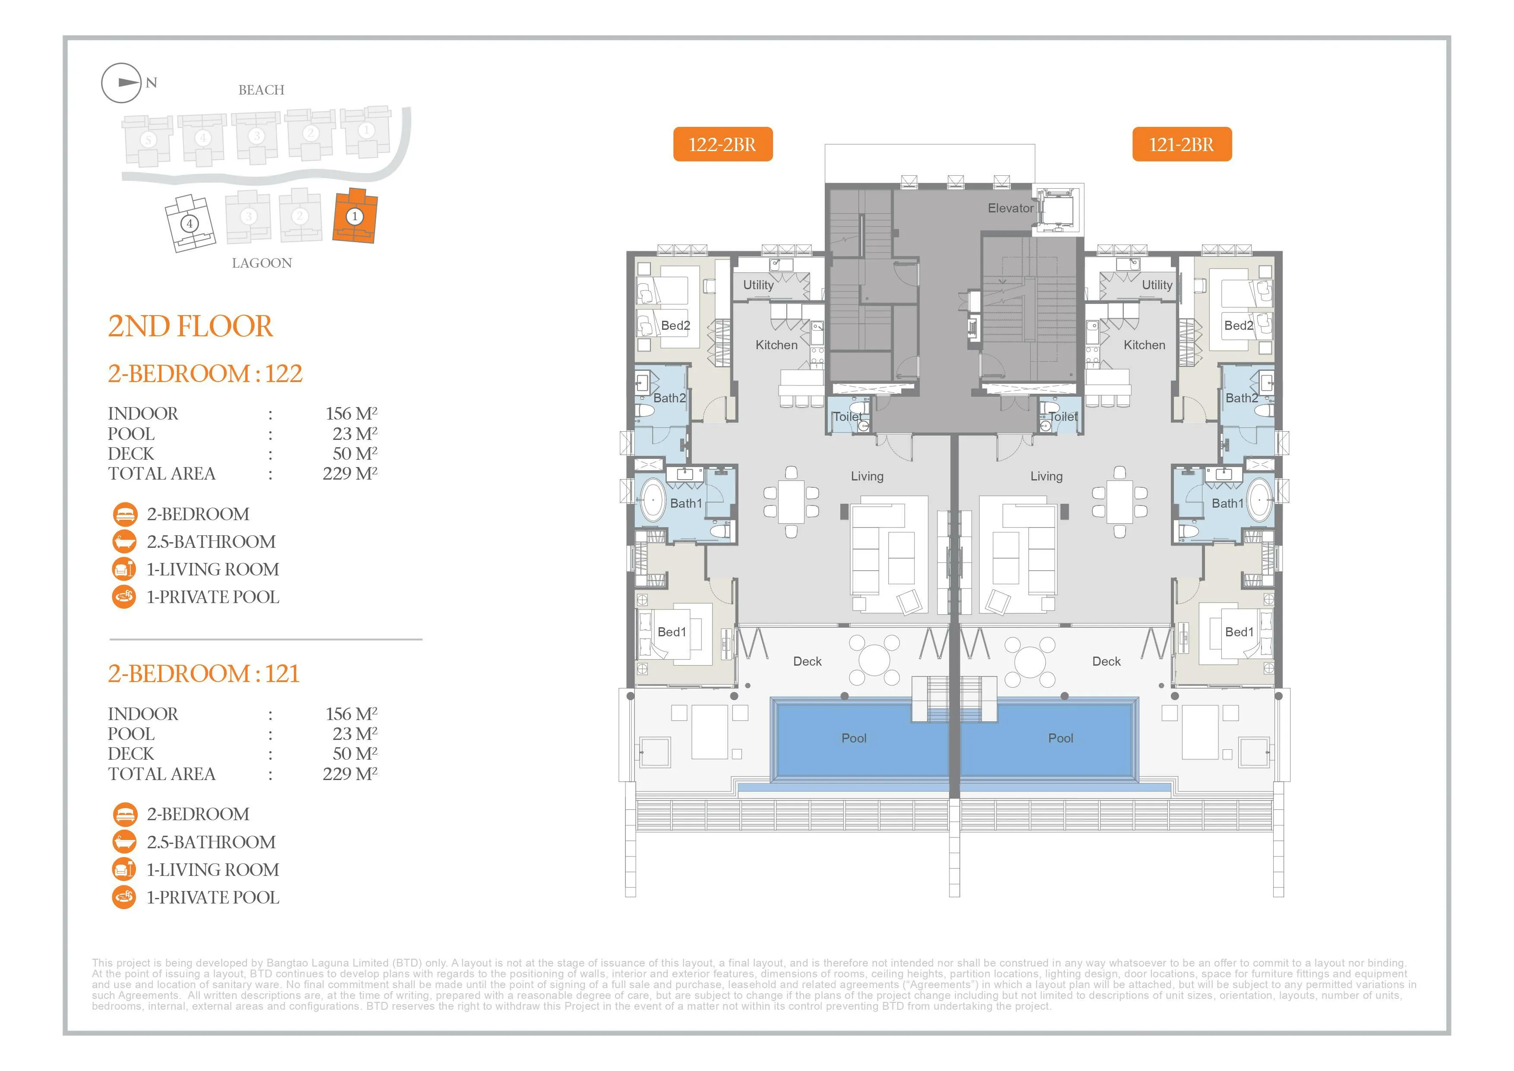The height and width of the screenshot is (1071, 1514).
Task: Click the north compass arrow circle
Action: pos(121,83)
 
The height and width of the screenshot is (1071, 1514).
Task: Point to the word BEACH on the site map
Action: pos(261,90)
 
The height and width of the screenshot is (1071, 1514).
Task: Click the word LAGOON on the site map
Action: pos(262,263)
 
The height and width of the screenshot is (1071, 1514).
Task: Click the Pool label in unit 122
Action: pos(854,738)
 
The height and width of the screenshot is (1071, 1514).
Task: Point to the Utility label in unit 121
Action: pos(1157,285)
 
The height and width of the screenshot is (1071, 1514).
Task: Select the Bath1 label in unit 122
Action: pos(687,503)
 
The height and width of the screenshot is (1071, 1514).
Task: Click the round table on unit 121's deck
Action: pos(1030,661)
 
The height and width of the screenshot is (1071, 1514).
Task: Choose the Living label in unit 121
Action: pos(1047,476)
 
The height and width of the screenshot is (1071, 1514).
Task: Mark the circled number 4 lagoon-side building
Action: pos(190,224)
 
